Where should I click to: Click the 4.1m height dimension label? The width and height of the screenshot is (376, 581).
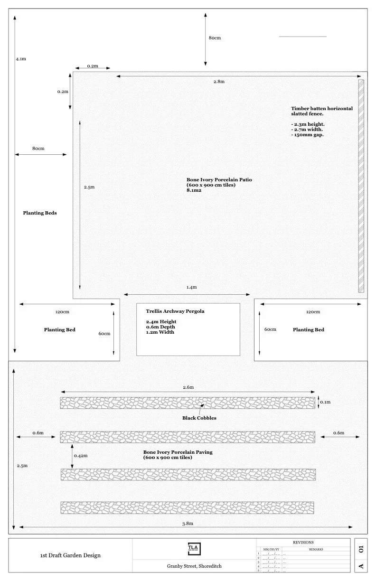[20, 59]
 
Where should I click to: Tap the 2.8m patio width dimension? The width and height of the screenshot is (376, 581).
[218, 82]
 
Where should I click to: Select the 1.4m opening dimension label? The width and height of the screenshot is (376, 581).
[191, 287]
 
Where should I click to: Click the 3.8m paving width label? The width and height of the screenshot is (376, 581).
[188, 523]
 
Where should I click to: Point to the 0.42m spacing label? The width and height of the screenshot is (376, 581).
[81, 455]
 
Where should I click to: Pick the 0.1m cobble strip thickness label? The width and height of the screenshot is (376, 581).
[325, 402]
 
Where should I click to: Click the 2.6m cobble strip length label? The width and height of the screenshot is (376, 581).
[188, 387]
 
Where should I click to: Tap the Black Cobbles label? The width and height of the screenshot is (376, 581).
[199, 418]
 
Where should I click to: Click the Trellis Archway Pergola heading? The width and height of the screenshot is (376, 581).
[175, 311]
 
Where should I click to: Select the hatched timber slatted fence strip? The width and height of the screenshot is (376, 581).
[361, 186]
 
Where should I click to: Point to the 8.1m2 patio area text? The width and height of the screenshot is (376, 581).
[194, 190]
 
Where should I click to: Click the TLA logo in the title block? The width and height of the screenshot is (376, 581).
[194, 548]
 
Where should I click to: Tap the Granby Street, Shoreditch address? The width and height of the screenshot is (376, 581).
[194, 566]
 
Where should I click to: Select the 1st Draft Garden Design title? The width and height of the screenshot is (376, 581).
[70, 555]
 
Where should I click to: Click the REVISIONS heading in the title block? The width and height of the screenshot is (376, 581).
[304, 542]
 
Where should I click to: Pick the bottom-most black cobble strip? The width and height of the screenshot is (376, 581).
[188, 507]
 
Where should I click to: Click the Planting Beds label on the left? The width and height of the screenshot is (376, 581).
[40, 213]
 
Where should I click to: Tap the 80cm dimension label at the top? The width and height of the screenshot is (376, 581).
[215, 38]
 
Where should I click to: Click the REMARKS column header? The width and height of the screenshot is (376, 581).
[316, 549]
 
